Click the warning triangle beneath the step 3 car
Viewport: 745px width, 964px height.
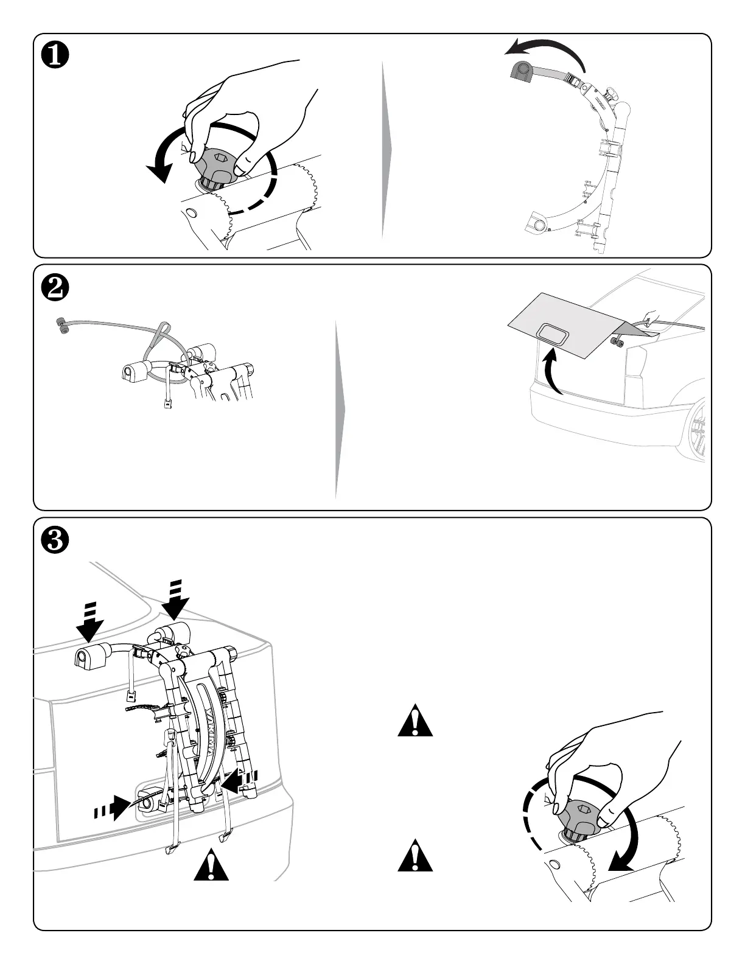(211, 865)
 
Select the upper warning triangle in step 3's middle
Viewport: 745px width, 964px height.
(415, 721)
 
